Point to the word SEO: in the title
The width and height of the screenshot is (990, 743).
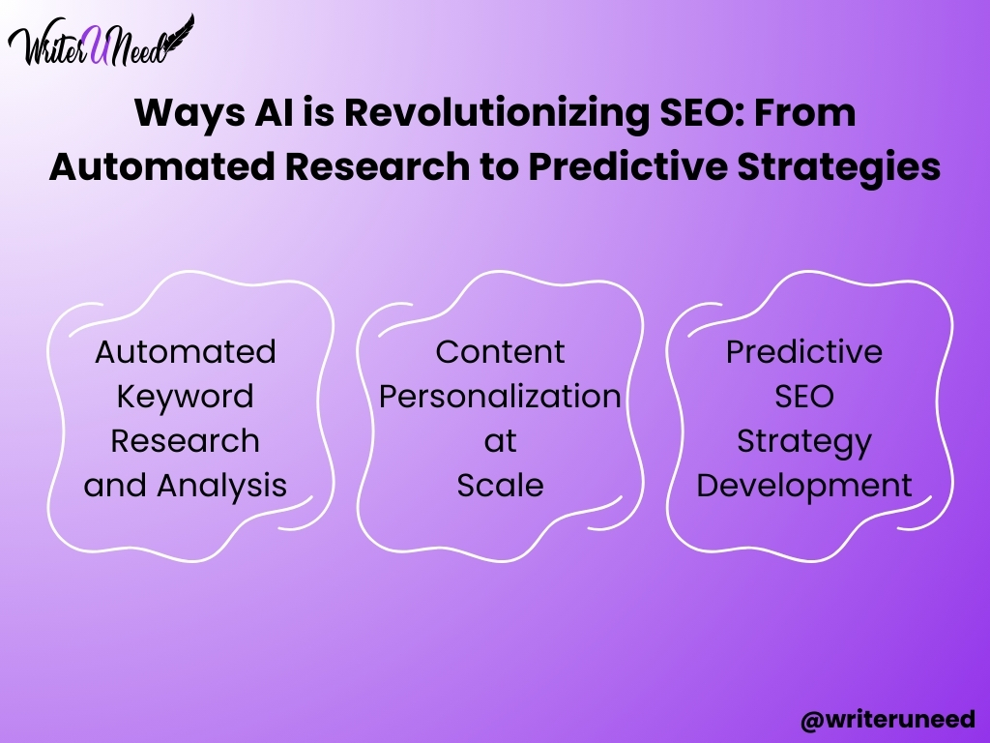(x=701, y=112)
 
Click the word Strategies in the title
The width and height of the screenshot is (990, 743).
(x=839, y=167)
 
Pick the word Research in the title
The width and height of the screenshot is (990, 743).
(x=377, y=166)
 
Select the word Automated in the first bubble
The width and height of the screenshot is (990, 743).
(x=185, y=352)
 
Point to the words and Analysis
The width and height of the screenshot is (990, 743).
(x=185, y=487)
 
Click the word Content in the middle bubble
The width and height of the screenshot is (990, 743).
(x=500, y=352)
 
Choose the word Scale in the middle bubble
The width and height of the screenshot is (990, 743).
(x=500, y=486)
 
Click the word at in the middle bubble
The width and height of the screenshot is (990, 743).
(x=500, y=441)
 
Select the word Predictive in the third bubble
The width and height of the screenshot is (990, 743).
(x=803, y=352)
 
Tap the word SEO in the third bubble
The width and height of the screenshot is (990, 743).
(x=803, y=397)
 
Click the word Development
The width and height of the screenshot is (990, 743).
(x=803, y=487)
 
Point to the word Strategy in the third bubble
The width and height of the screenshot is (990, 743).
(x=803, y=442)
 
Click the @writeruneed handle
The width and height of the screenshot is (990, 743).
(x=888, y=720)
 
